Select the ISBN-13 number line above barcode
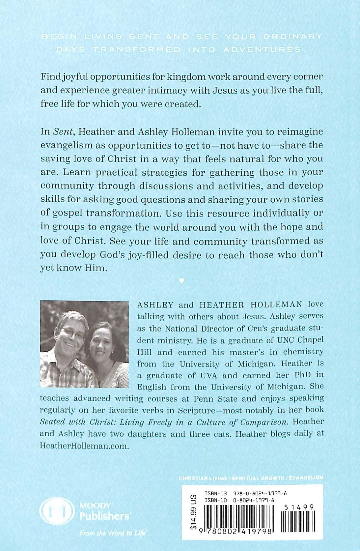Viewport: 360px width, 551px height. pyautogui.click(x=245, y=494)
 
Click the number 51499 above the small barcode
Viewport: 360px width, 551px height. pyautogui.click(x=298, y=507)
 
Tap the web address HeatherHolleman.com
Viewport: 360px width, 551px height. pyautogui.click(x=83, y=446)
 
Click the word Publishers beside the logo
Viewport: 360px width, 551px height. pyautogui.click(x=105, y=516)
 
